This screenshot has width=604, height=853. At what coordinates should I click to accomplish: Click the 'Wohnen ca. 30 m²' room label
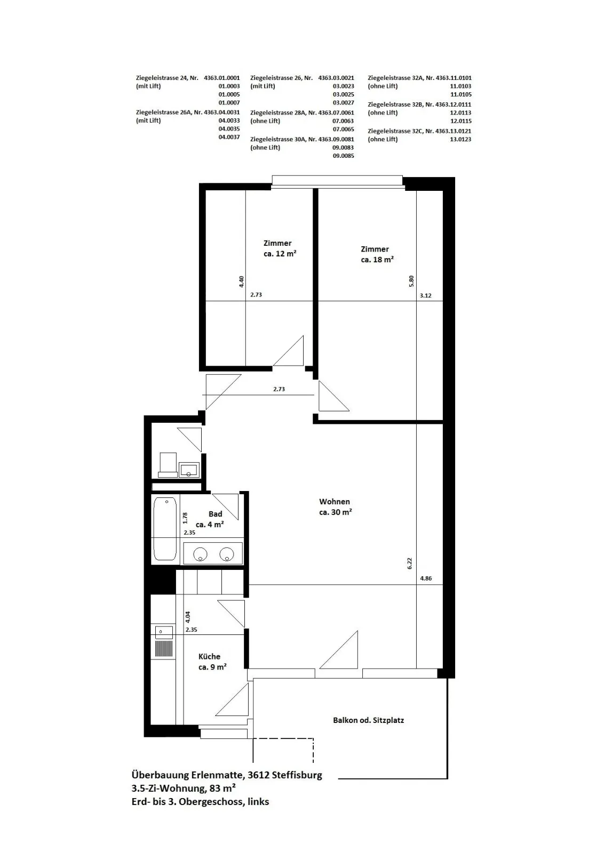(335, 507)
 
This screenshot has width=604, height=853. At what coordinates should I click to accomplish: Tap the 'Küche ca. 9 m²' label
(212, 662)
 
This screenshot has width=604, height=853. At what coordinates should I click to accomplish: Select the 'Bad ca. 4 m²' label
(210, 519)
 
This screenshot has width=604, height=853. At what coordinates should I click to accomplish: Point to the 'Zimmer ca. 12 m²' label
(280, 248)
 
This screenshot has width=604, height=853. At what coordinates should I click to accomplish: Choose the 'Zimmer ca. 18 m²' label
(377, 254)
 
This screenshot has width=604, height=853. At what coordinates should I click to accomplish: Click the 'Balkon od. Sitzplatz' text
(368, 720)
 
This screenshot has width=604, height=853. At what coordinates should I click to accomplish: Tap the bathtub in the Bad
(165, 528)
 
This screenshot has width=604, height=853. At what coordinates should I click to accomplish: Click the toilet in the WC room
(168, 464)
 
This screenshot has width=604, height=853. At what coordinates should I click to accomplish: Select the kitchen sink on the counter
(163, 633)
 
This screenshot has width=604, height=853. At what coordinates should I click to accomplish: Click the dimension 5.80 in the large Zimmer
(411, 281)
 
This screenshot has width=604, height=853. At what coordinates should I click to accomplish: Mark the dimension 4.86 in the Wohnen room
(426, 578)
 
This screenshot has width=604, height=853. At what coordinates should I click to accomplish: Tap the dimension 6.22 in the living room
(410, 564)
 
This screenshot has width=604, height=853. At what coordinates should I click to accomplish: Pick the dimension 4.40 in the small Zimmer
(241, 281)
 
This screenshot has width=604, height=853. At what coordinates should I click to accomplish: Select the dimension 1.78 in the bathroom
(185, 518)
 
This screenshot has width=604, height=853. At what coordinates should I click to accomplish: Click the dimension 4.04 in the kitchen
(187, 617)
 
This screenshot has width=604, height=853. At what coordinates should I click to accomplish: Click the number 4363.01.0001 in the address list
(222, 78)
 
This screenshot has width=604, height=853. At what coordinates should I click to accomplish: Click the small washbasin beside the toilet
(189, 470)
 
